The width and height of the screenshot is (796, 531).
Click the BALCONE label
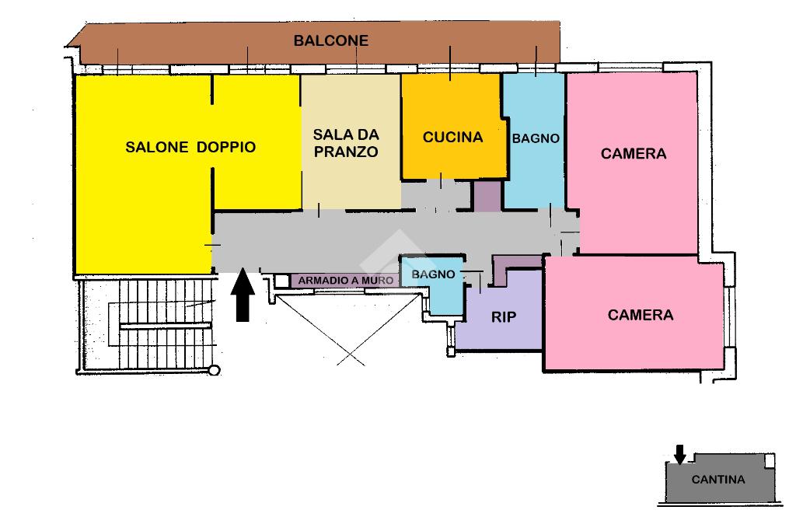point(330,40)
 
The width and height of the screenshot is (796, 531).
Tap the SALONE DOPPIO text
point(190,147)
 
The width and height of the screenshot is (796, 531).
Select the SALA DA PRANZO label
point(346,144)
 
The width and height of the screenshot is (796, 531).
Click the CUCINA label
point(452,138)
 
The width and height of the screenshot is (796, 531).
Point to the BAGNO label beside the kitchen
point(536,138)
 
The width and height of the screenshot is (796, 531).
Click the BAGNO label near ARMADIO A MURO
point(433,274)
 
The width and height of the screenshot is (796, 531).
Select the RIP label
point(504,317)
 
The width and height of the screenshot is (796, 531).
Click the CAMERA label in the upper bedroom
point(634,154)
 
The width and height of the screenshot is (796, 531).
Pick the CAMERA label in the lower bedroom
point(641,315)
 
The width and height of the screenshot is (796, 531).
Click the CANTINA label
point(718,480)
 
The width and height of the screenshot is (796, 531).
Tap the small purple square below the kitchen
point(487,195)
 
